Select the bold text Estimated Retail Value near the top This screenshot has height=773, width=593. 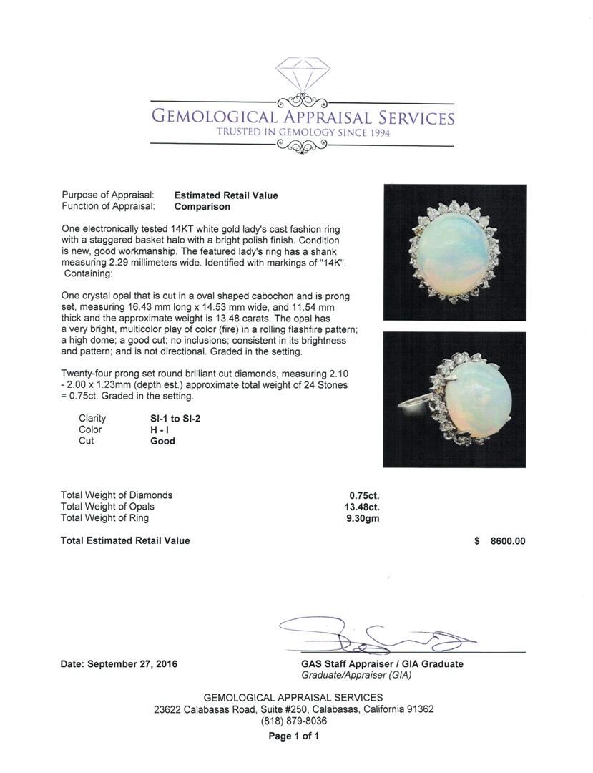(226, 195)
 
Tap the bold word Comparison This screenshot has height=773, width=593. (202, 207)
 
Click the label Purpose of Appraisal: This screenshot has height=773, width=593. (107, 195)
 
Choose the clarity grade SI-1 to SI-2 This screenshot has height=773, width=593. (175, 419)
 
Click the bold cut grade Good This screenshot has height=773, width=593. (162, 442)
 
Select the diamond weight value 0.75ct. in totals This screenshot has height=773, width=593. (363, 495)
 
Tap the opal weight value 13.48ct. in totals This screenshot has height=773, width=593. (362, 507)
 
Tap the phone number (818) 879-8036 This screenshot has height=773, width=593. (293, 721)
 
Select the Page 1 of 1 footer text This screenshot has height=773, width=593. (293, 736)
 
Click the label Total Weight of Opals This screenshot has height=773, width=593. (107, 507)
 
